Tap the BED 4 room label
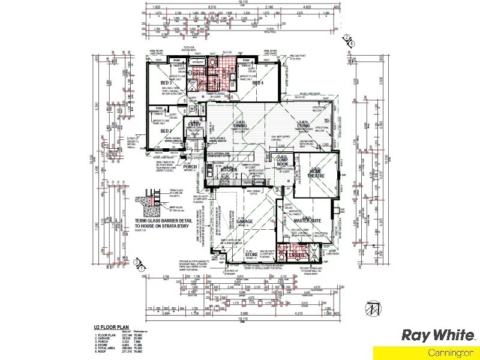pos(258,83)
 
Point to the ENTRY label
pos(194,125)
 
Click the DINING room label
pos(240,125)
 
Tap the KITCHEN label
pos(229,170)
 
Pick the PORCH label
pos(191,167)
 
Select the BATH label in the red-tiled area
pos(199,74)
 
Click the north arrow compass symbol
pos(376,308)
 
